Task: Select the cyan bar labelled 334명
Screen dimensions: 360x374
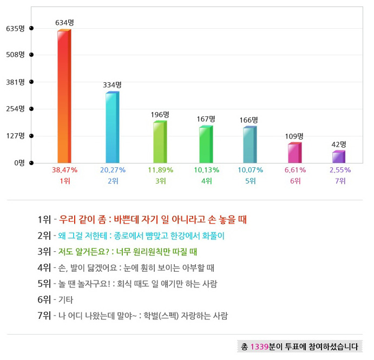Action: [x=112, y=128]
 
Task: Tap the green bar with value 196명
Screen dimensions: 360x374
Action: [x=160, y=142]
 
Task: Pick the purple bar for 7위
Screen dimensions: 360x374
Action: [x=338, y=157]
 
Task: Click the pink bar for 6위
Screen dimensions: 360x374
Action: [x=294, y=153]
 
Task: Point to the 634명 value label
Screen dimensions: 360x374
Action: [x=64, y=22]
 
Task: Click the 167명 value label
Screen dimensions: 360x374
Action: [x=206, y=119]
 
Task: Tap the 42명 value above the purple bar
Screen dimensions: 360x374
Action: [x=339, y=144]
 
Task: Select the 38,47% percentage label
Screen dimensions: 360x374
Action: [x=64, y=170]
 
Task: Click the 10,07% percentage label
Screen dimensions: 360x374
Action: [x=250, y=170]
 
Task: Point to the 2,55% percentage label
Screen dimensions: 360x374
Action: [x=340, y=170]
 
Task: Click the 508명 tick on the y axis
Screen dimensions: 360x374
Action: [x=15, y=55]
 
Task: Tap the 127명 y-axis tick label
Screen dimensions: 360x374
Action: [x=15, y=136]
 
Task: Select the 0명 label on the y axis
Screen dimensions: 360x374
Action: [x=19, y=163]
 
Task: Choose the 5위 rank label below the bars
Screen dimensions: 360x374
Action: [x=250, y=181]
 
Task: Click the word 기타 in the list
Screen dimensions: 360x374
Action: [x=65, y=299]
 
